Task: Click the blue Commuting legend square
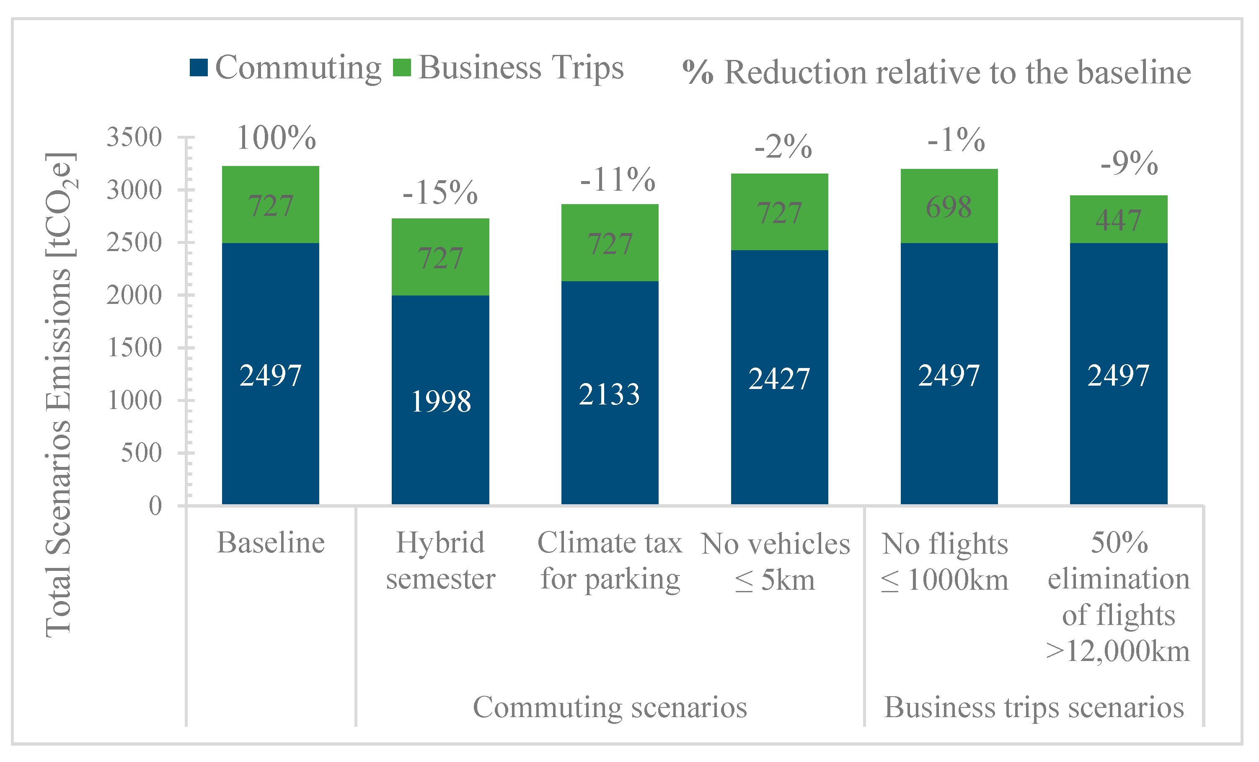(x=198, y=68)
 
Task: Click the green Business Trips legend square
(x=402, y=68)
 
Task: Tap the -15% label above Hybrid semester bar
(x=440, y=193)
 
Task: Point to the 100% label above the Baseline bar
(x=277, y=138)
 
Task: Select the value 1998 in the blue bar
(x=440, y=401)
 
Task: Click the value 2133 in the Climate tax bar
(x=609, y=394)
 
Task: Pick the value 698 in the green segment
(x=949, y=207)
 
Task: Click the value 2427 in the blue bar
(x=779, y=379)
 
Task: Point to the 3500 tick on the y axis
(x=134, y=137)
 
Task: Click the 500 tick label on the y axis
(x=141, y=453)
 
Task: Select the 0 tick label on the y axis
(x=155, y=506)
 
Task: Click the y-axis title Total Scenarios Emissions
(x=59, y=394)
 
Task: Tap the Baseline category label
(x=271, y=543)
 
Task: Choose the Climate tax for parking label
(x=610, y=561)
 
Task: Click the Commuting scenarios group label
(x=610, y=708)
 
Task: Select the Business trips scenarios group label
(x=1034, y=708)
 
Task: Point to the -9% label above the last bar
(x=1129, y=163)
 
